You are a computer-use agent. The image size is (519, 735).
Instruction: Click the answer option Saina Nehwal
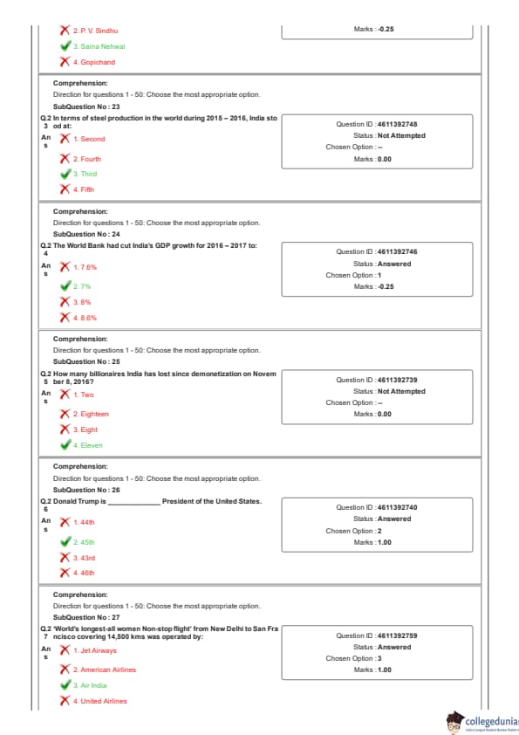click(99, 46)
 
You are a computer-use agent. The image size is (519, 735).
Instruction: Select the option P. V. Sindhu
click(95, 31)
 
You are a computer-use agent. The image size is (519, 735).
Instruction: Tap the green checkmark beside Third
click(65, 174)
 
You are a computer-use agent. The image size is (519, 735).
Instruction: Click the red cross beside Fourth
click(65, 159)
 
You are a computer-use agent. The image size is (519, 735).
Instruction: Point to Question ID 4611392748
click(376, 124)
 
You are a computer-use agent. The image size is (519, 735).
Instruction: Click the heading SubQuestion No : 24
click(86, 234)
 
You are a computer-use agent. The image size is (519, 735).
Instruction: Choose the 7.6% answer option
click(85, 267)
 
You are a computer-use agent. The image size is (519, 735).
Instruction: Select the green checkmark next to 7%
click(65, 286)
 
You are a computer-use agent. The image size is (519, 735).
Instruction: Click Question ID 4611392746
click(376, 251)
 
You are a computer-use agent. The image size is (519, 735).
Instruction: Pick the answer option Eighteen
click(91, 414)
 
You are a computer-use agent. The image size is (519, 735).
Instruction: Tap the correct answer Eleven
click(87, 445)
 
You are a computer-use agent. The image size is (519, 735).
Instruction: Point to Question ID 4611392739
click(376, 380)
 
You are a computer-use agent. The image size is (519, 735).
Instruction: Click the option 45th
click(84, 542)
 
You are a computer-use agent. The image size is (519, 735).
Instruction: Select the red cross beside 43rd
click(65, 557)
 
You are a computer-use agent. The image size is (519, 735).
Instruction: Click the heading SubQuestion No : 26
click(86, 490)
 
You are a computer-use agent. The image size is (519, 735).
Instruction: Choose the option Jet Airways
click(94, 650)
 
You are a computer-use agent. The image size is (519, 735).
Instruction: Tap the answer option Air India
click(90, 685)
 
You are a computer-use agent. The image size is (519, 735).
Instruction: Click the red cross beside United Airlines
click(65, 701)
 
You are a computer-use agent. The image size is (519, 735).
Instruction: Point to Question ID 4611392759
click(376, 635)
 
